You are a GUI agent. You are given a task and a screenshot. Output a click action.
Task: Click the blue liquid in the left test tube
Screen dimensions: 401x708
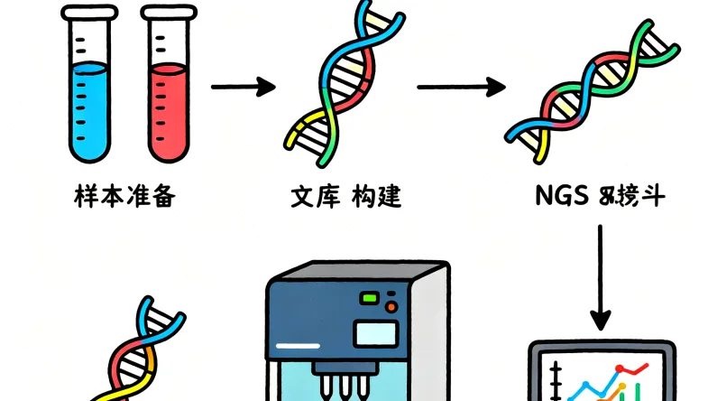(x=87, y=108)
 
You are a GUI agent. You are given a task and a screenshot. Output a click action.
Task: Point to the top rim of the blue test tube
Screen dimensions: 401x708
(x=87, y=12)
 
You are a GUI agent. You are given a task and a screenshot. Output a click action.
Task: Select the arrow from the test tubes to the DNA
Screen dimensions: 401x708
(x=242, y=88)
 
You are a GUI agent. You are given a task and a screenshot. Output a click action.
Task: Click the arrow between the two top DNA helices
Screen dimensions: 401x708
(x=460, y=88)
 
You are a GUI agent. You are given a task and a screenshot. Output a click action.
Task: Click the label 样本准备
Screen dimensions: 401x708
(x=123, y=196)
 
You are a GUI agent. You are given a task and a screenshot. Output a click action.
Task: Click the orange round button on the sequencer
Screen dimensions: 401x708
(x=391, y=308)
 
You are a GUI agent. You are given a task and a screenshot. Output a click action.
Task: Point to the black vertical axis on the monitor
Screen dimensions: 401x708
(x=559, y=379)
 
